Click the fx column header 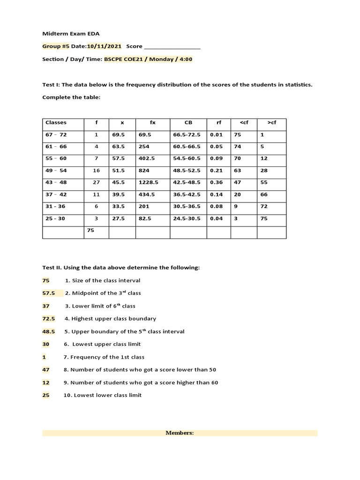[x=152, y=123]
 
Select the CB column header [x=188, y=123]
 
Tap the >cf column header [x=272, y=123]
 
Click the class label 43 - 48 [x=56, y=182]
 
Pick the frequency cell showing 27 [x=97, y=182]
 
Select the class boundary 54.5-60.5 [x=187, y=158]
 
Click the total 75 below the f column [x=90, y=230]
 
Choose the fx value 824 [x=143, y=171]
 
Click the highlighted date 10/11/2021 [x=104, y=46]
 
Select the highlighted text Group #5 [x=54, y=46]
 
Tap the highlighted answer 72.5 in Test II [x=49, y=319]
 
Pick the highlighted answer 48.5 [x=49, y=331]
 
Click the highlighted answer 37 [x=46, y=306]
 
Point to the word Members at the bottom [x=180, y=433]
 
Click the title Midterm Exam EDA [x=71, y=34]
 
